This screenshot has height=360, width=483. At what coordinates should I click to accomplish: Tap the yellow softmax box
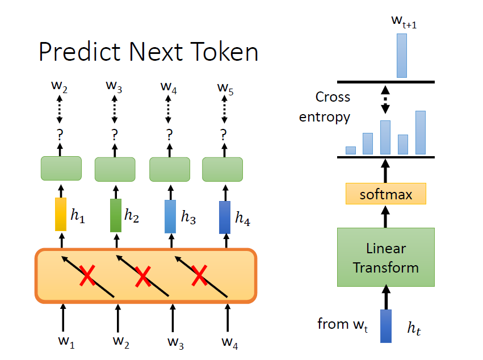point(385,195)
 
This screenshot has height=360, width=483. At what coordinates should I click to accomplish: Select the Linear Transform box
point(385,257)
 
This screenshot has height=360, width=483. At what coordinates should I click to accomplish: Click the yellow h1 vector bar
point(61,215)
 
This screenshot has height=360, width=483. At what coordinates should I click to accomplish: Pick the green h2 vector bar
point(116,215)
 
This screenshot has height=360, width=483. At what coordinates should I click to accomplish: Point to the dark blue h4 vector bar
point(225,217)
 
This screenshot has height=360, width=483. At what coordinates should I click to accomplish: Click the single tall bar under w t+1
point(402,55)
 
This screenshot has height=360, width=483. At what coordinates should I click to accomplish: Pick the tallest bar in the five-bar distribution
point(421,132)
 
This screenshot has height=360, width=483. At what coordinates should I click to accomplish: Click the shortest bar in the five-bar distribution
point(351,150)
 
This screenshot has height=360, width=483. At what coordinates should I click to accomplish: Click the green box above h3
point(169,169)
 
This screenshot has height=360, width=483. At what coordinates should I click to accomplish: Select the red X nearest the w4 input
point(199,277)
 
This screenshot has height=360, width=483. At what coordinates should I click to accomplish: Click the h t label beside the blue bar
point(415,328)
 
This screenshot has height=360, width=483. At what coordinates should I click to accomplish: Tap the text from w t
point(341,325)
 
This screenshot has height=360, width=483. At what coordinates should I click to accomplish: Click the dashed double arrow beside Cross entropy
point(385,99)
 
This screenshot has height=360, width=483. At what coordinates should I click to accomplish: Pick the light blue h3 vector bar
point(170,216)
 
